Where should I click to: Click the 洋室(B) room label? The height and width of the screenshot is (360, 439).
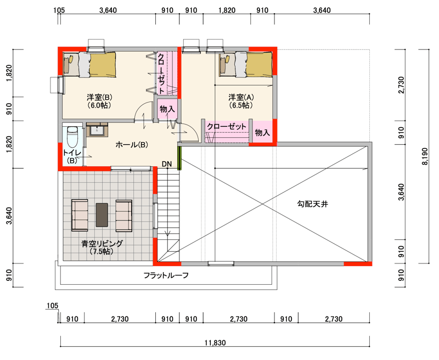coord(99,98)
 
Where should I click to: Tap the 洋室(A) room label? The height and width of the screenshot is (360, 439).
coord(241,98)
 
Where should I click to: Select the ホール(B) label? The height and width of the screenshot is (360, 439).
coord(132,145)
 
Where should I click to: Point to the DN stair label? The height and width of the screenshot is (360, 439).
coord(167,164)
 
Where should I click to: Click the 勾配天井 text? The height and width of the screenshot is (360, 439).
coord(312,204)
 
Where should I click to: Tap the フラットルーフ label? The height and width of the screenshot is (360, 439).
coord(166,275)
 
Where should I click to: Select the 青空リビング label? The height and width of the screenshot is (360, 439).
coord(102,244)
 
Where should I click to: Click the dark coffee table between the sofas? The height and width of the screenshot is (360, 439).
coord(102,215)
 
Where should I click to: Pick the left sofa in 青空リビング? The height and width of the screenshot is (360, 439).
coord(80,215)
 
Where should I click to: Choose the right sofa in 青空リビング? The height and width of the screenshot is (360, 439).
coord(124,215)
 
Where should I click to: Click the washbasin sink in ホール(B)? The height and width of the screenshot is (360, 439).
coord(97,130)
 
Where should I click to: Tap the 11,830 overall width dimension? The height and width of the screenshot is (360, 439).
coord(215,342)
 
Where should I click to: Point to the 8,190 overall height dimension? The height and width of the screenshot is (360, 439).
coord(425,156)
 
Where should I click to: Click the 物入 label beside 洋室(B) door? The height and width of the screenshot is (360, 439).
coord(167,109)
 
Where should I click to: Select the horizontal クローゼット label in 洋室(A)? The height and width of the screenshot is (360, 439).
coord(227,127)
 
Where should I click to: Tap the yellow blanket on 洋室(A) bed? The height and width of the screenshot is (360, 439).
coord(259,64)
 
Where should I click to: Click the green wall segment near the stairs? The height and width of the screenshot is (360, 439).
coord(179,158)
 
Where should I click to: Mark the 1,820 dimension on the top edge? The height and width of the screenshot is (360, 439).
coord(227,10)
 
